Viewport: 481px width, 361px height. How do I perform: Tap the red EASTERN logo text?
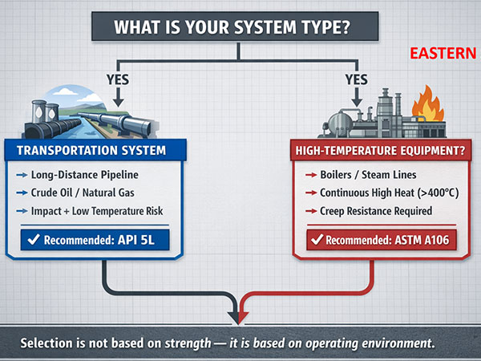pyautogui.click(x=443, y=55)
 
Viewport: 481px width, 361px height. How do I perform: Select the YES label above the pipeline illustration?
pyautogui.click(x=119, y=80)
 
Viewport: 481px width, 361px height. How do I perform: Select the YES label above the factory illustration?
pyautogui.click(x=357, y=80)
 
